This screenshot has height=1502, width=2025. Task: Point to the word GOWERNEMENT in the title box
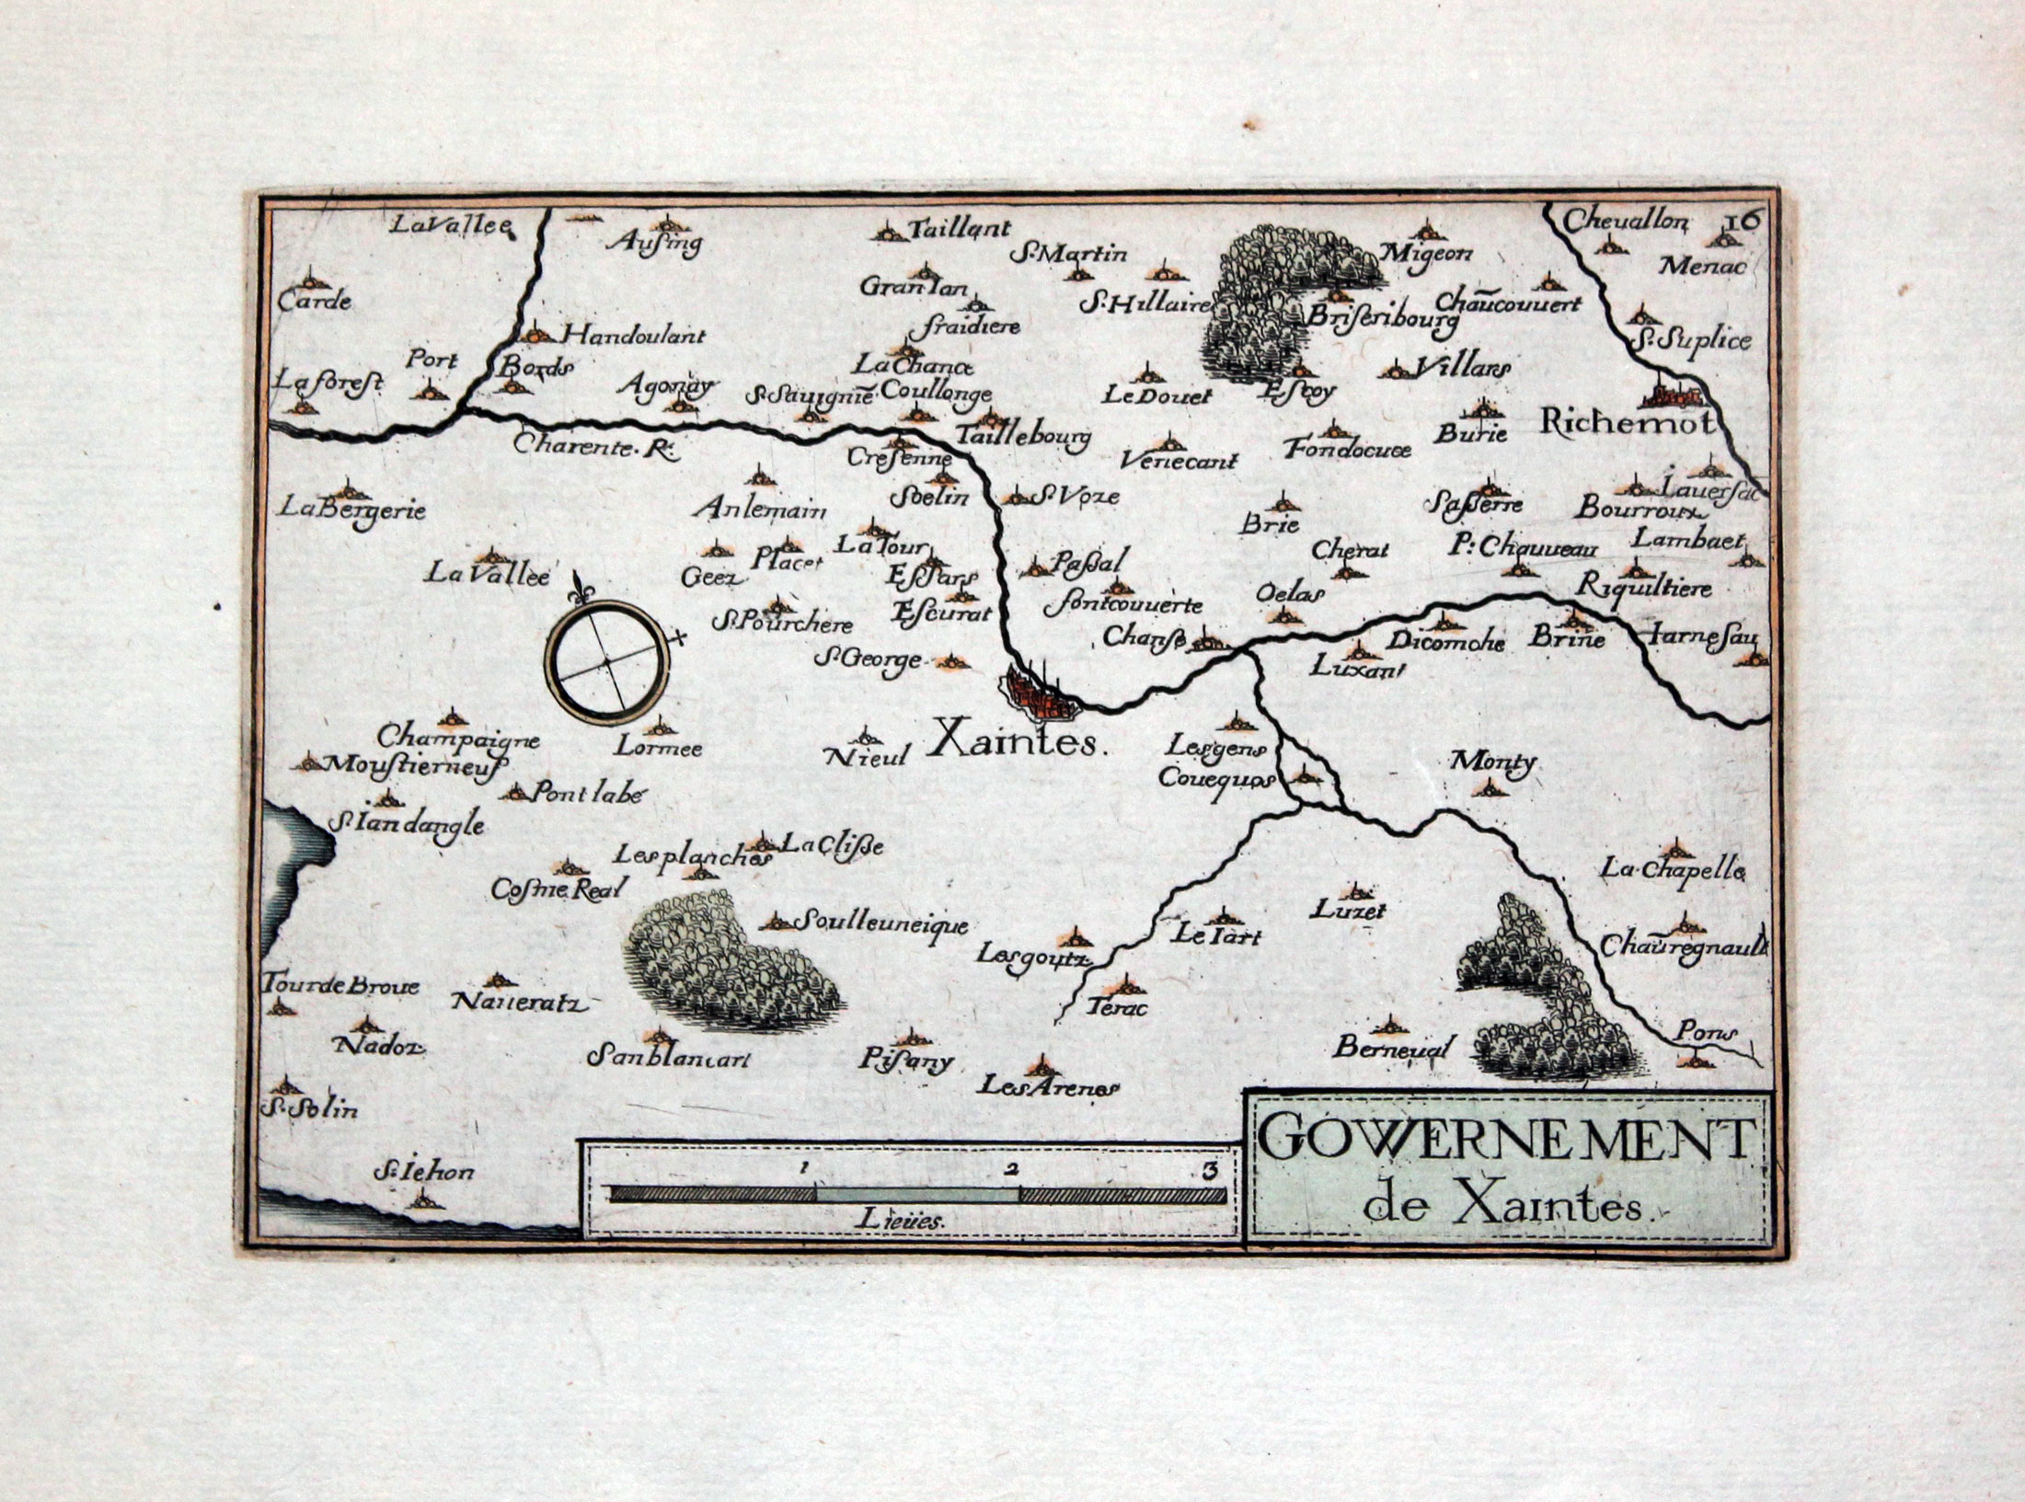click(x=1502, y=1141)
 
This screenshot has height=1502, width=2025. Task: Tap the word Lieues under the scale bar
click(x=897, y=1222)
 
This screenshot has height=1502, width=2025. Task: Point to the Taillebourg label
click(x=1022, y=437)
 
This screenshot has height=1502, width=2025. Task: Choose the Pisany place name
click(x=906, y=1061)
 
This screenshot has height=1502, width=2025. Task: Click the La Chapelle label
click(x=1673, y=867)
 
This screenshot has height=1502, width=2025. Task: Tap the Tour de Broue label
click(x=340, y=985)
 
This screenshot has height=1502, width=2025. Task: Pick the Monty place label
click(x=1492, y=762)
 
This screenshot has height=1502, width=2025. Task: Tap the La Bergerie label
click(x=353, y=509)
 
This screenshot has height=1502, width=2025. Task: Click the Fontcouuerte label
click(x=1123, y=605)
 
